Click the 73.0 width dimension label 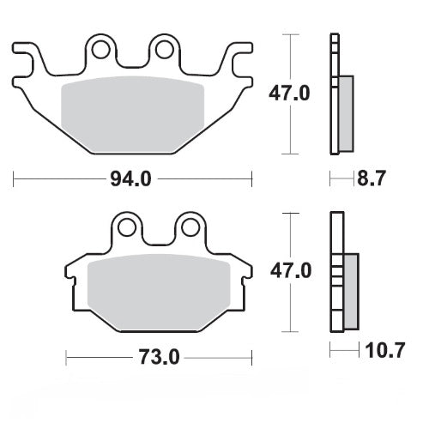(160, 356)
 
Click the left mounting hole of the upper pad (100, 48)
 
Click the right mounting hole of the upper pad (162, 48)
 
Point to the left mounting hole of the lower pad (128, 227)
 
